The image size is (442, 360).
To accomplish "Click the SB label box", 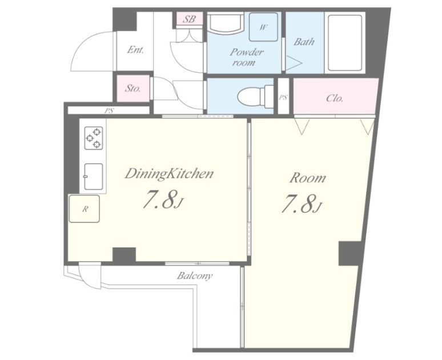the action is point(190,19).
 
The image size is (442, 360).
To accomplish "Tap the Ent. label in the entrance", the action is point(135,50).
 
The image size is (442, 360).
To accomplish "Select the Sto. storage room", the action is point(133,89).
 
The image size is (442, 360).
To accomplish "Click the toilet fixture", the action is point(256,96).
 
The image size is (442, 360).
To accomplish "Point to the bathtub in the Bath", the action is point(345,43).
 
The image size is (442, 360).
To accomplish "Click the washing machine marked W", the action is point(263,27).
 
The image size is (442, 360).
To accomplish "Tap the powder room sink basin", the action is point(225,23).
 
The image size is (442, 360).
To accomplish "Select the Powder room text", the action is point(246,57).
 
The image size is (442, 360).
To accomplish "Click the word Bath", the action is point(304,42).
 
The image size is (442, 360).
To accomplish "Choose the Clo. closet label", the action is point(334,98).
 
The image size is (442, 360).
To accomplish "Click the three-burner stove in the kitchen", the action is point(94,138).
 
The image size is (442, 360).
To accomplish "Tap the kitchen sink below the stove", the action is point(93,177).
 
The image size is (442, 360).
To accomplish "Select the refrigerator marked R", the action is point(85,209).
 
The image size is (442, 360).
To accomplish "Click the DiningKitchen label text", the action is point(169,174).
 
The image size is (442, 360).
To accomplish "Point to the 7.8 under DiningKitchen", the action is point(163,200).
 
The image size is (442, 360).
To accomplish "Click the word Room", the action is point(308,178).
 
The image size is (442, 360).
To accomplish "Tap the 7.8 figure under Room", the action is point(301,203).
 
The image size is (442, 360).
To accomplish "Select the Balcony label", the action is point(195,275).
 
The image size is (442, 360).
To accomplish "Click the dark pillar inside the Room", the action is point(350,253).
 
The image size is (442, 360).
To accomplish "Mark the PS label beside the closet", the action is point(283,97).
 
